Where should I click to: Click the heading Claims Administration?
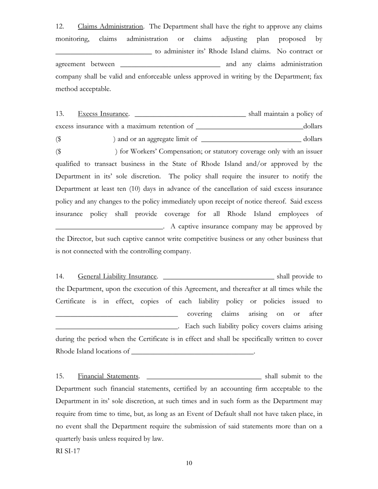coord(110,27)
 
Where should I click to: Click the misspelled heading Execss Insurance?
coord(103,114)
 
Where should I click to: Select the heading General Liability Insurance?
coord(117,276)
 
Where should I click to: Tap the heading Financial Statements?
coord(108,376)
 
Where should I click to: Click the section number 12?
coord(60,27)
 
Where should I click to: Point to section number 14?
coord(60,276)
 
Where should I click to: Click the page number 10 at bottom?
coord(189,463)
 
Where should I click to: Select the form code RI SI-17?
coord(68,451)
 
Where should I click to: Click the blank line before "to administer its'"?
coord(103,52)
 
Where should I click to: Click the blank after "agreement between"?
coord(170,65)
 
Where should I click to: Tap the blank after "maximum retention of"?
coord(249,127)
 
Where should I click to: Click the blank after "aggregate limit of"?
coord(251,140)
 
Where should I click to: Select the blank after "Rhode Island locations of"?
coord(192,352)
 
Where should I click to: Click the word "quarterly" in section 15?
coord(68,439)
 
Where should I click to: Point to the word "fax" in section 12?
coord(318,76)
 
